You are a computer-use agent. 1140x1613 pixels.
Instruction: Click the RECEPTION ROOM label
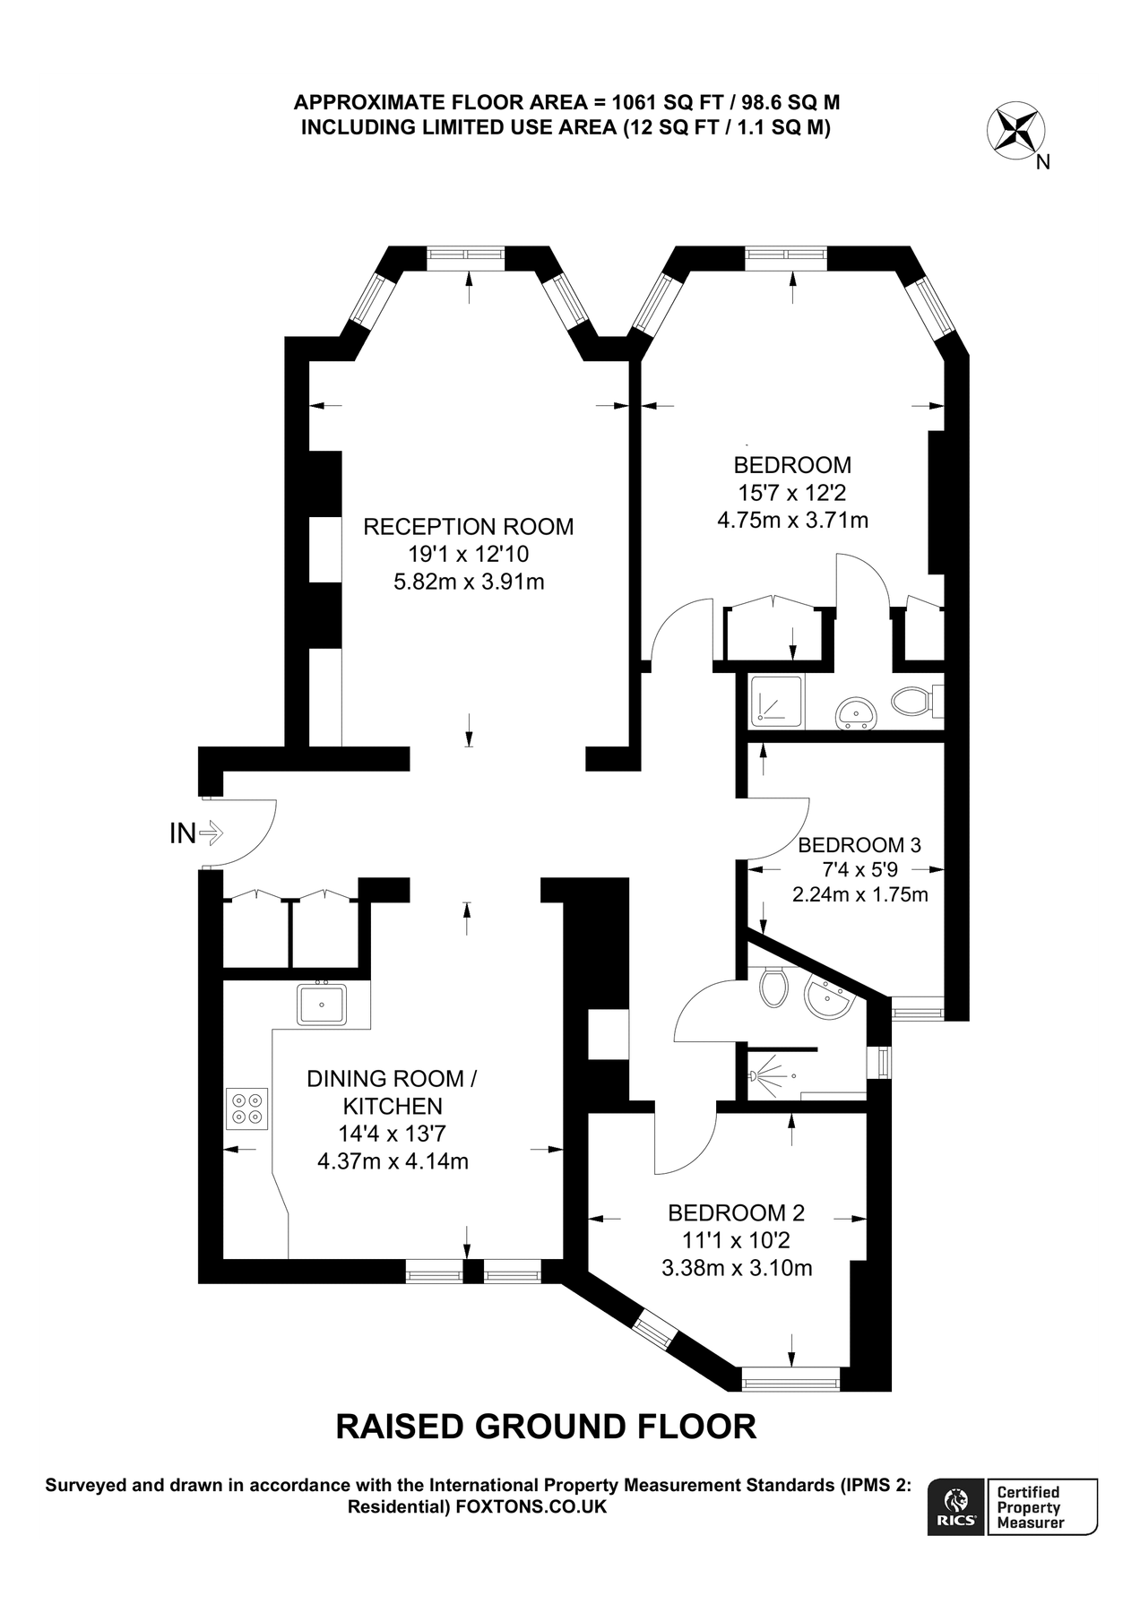click(468, 527)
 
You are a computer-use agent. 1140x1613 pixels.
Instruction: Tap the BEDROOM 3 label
click(859, 845)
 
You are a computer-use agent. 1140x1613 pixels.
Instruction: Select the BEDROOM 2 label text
click(736, 1213)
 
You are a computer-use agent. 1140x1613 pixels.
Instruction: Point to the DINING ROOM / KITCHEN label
click(393, 1091)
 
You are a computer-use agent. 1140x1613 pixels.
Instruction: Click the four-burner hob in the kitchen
click(247, 1108)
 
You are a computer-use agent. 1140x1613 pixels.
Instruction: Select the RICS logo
click(956, 1506)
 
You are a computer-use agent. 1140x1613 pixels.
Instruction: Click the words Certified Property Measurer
click(1031, 1507)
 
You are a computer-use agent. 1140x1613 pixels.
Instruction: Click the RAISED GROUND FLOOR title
click(546, 1427)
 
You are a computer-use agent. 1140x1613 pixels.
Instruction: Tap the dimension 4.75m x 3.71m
click(792, 520)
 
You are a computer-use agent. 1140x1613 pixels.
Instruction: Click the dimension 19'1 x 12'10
click(468, 555)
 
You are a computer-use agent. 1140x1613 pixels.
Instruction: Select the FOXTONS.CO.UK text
click(531, 1507)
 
